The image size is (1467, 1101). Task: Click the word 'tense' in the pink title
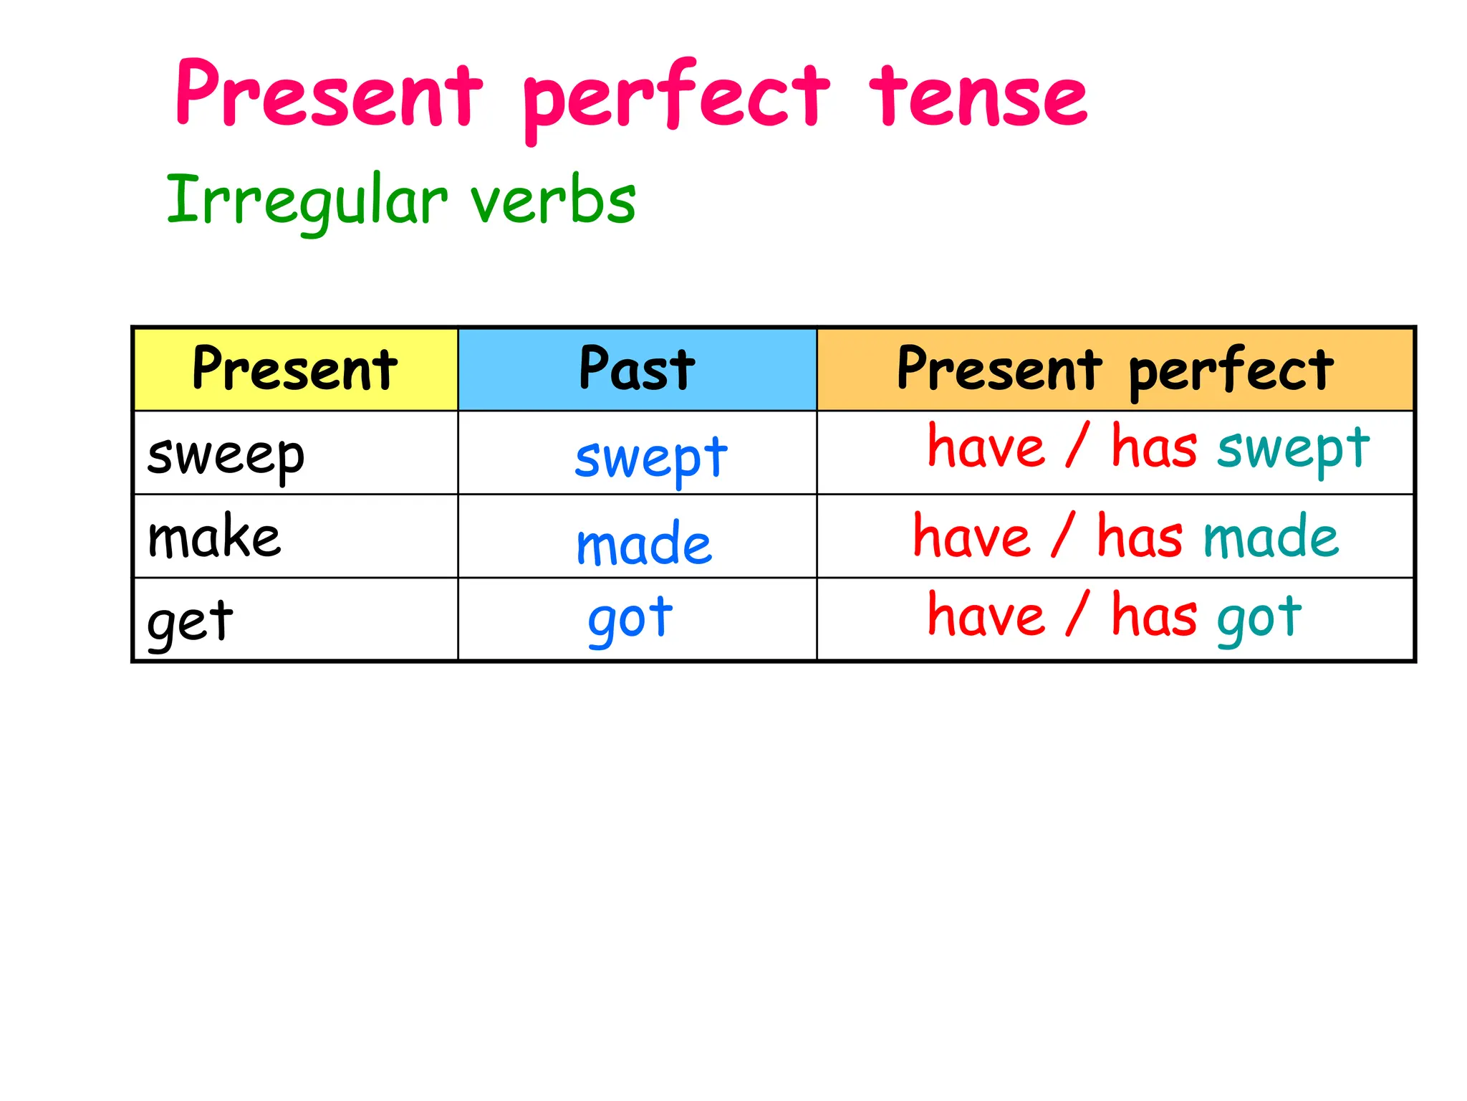pyautogui.click(x=978, y=97)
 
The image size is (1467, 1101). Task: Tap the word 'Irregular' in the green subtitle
pyautogui.click(x=307, y=201)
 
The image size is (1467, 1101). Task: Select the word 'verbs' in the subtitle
pyautogui.click(x=553, y=201)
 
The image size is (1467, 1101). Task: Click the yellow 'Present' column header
pyautogui.click(x=295, y=369)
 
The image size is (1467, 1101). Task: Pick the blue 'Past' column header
pyautogui.click(x=637, y=369)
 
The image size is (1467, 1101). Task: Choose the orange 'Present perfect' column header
pyautogui.click(x=1115, y=369)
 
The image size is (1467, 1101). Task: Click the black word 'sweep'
pyautogui.click(x=226, y=457)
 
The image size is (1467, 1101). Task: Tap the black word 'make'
pyautogui.click(x=214, y=538)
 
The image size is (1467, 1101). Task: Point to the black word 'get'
pyautogui.click(x=190, y=621)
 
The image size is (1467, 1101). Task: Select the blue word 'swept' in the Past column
pyautogui.click(x=651, y=459)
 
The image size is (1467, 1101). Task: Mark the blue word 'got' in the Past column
pyautogui.click(x=630, y=619)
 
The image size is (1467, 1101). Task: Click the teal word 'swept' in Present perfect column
pyautogui.click(x=1294, y=449)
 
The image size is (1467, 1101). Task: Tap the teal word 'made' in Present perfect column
pyautogui.click(x=1271, y=537)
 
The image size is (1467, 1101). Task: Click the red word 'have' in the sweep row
pyautogui.click(x=986, y=447)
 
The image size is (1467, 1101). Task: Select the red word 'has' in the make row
pyautogui.click(x=1140, y=537)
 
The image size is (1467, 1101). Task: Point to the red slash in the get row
pyautogui.click(x=1077, y=614)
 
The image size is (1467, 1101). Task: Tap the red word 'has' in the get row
pyautogui.click(x=1154, y=616)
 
